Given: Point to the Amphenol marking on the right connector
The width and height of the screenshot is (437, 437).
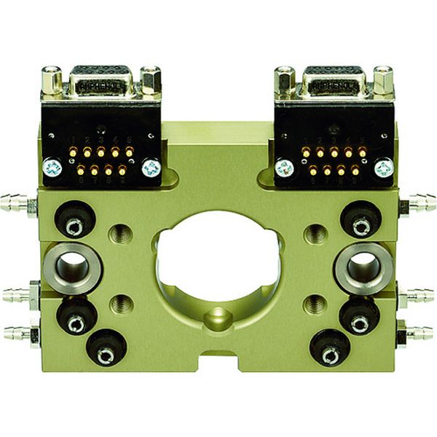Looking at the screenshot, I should (x=334, y=85).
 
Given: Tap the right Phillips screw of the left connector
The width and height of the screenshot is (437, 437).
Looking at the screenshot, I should (x=151, y=168).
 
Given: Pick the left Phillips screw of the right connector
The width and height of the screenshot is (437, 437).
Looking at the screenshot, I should (x=284, y=168).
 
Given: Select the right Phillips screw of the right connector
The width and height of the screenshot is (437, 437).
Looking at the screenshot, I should (x=383, y=168).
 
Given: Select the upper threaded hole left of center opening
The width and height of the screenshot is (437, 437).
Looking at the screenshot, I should (x=119, y=234).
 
